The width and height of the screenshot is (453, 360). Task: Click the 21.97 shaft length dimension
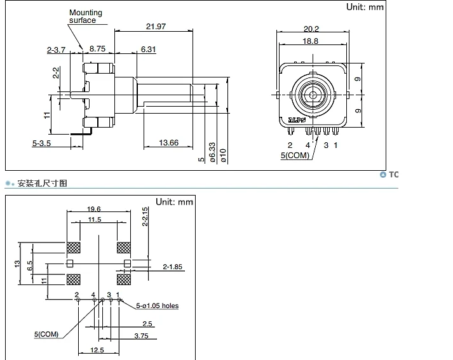(156, 26)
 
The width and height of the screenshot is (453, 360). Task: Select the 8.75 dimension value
(97, 48)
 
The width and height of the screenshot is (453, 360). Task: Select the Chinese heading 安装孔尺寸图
(42, 183)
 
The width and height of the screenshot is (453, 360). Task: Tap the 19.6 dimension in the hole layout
(94, 208)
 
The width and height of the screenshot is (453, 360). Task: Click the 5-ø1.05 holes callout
(158, 305)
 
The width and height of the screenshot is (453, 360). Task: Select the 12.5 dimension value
(97, 350)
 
